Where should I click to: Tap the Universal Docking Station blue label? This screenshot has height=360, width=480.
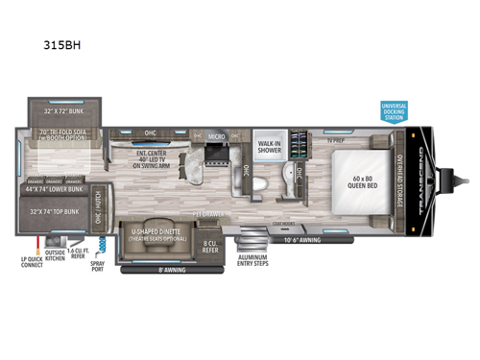coord(394,112)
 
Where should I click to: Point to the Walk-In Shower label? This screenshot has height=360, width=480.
coord(269,147)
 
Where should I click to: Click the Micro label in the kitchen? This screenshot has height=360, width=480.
coord(215,137)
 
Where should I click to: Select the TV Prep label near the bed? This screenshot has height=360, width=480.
coord(335,140)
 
